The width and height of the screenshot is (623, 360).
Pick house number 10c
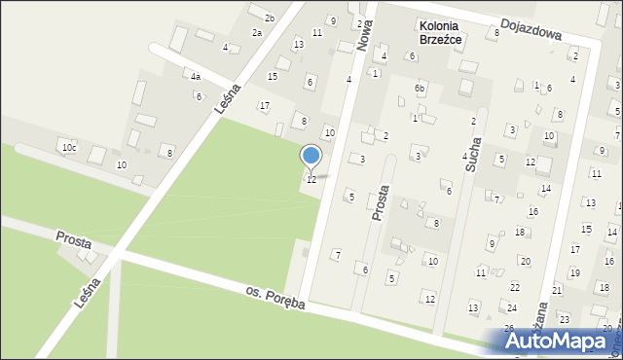point(68,148)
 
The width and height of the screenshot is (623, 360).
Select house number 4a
point(196,77)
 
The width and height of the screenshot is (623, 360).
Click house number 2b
point(270,18)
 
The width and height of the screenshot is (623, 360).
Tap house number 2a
point(257,33)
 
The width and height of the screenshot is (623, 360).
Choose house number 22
point(513,289)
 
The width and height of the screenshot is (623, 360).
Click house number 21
point(557,290)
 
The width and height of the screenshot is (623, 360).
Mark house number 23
point(564,319)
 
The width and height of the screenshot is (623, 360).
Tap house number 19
point(574,273)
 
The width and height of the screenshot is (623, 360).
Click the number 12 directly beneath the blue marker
point(311,180)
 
